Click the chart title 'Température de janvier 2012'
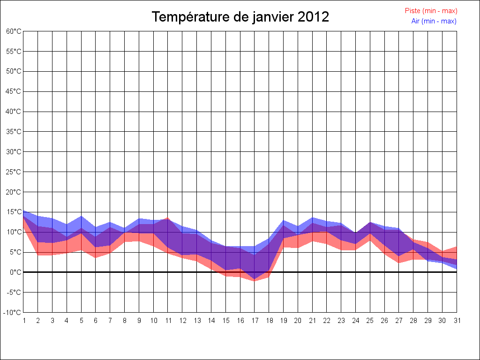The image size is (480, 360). coord(240,17)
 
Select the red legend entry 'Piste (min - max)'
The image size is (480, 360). coord(431,11)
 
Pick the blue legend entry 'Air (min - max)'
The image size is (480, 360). coord(434,21)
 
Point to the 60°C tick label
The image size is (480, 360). coord(14,31)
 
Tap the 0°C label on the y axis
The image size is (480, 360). coord(15,272)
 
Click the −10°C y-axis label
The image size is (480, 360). coord(13,313)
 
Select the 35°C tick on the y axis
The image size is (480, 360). coord(14,132)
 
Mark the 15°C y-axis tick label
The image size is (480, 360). coord(14,212)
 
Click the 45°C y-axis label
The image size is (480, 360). coord(14,91)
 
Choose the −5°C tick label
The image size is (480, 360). coord(14,292)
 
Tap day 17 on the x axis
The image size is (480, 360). coord(255,321)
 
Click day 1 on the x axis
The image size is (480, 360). coord(23,321)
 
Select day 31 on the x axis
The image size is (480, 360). coord(457,321)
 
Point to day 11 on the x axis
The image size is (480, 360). coord(168,321)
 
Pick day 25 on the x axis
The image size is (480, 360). coord(370,321)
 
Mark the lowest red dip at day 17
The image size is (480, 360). coord(255,280)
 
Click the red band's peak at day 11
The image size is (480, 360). coord(168,218)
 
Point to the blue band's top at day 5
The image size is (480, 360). coord(81,217)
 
